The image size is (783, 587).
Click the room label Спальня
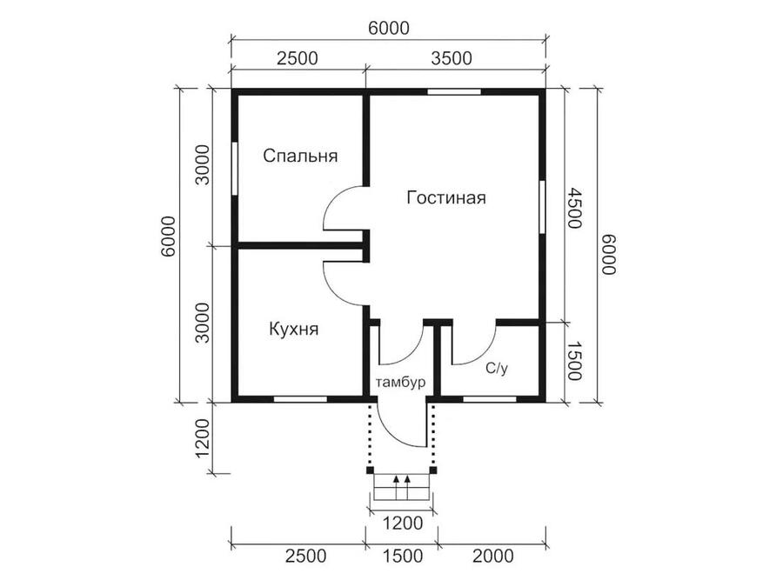click(x=301, y=156)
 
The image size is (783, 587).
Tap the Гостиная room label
click(x=446, y=197)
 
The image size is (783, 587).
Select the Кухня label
click(x=294, y=330)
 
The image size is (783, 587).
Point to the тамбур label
click(x=400, y=383)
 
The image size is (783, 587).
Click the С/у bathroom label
click(x=497, y=369)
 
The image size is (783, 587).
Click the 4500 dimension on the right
click(x=574, y=208)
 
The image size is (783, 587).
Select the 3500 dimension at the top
click(x=452, y=58)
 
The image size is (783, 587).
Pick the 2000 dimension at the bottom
click(x=493, y=556)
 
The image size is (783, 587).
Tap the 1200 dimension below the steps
click(x=403, y=524)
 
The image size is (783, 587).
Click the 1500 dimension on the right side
click(x=574, y=361)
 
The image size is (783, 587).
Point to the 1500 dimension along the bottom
click(x=403, y=556)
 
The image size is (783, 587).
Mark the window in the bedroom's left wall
click(x=234, y=169)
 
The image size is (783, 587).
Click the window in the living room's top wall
click(x=454, y=92)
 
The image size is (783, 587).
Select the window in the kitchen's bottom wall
click(x=300, y=399)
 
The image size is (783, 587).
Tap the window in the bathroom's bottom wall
click(x=489, y=399)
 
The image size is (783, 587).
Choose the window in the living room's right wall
click(x=542, y=207)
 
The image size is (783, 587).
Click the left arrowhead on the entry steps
click(x=396, y=479)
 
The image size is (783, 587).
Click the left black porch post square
click(x=370, y=470)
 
